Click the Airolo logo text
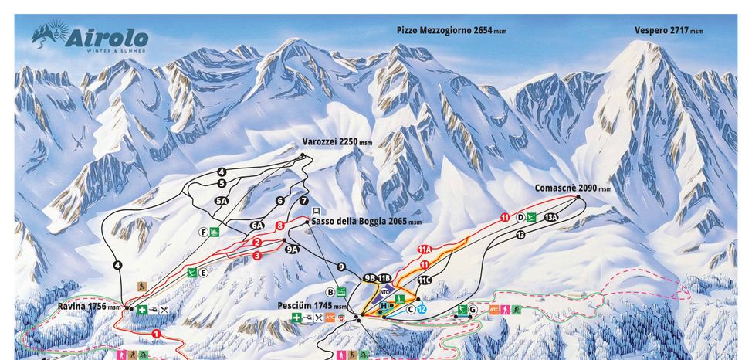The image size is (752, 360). pyautogui.click(x=107, y=38)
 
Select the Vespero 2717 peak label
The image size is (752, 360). pyautogui.click(x=669, y=30)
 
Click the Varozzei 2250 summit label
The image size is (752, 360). pyautogui.click(x=344, y=142)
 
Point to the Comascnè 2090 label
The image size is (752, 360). pyautogui.click(x=572, y=188)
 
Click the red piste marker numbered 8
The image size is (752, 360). pyautogui.click(x=279, y=225)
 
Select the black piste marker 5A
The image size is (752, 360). pyautogui.click(x=222, y=201)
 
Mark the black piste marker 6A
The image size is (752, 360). pyautogui.click(x=257, y=226)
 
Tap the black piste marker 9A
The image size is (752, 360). pyautogui.click(x=291, y=249)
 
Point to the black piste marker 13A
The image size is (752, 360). pyautogui.click(x=550, y=218)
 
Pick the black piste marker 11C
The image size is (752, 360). pyautogui.click(x=424, y=280)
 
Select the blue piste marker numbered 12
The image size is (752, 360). pyautogui.click(x=422, y=309)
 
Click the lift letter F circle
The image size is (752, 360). pyautogui.click(x=203, y=232)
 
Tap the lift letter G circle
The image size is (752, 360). pyautogui.click(x=472, y=310)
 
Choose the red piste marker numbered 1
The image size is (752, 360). pyautogui.click(x=157, y=334)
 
